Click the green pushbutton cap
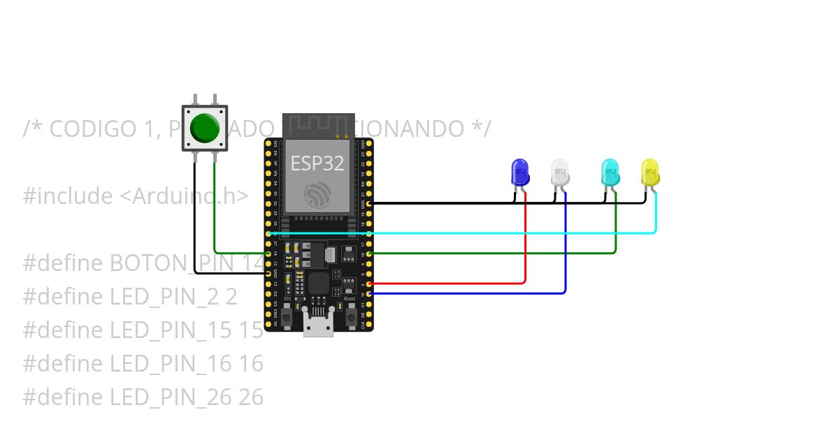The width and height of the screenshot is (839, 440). [x=205, y=127]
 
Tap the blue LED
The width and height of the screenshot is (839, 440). [x=520, y=172]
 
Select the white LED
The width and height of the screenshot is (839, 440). [x=559, y=172]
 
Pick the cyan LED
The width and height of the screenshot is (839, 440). [x=610, y=172]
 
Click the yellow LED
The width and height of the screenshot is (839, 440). [x=650, y=172]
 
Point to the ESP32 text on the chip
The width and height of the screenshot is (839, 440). [x=317, y=163]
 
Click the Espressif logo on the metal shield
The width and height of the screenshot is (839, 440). [x=318, y=196]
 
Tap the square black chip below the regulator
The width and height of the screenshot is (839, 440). [x=318, y=283]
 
